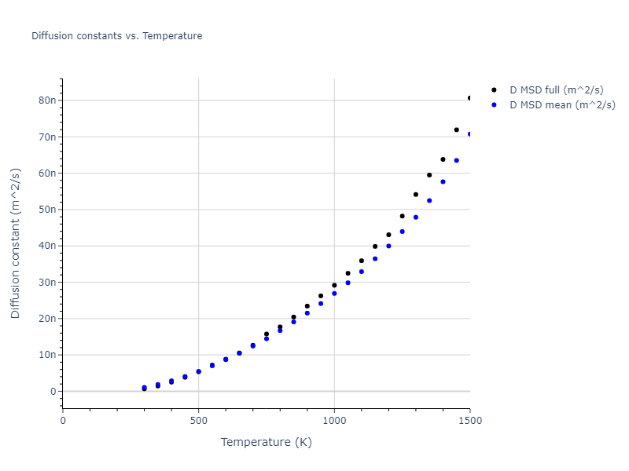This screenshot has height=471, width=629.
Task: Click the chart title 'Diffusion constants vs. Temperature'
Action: pyautogui.click(x=116, y=36)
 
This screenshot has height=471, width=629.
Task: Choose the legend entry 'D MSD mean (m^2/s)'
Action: pyautogui.click(x=562, y=104)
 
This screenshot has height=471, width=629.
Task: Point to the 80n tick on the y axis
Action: pyautogui.click(x=46, y=100)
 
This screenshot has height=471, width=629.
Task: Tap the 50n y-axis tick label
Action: pyautogui.click(x=46, y=210)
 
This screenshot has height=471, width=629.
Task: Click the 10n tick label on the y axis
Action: pyautogui.click(x=46, y=355)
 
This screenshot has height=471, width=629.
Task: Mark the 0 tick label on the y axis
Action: pyautogui.click(x=53, y=391)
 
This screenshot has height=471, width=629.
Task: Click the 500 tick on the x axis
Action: pyautogui.click(x=198, y=421)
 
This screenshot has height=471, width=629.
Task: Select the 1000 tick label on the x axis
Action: pyautogui.click(x=334, y=421)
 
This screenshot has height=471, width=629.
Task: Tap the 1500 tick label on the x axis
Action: pyautogui.click(x=469, y=421)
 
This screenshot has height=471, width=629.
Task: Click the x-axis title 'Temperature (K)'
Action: pyautogui.click(x=266, y=442)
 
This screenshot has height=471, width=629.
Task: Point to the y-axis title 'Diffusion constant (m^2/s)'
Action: pyautogui.click(x=16, y=243)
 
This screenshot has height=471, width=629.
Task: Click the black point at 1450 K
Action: pyautogui.click(x=456, y=130)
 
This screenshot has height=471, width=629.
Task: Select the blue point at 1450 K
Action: pyautogui.click(x=456, y=160)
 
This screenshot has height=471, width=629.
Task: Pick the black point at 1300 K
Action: pyautogui.click(x=416, y=195)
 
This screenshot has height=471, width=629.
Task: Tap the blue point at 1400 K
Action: pyautogui.click(x=443, y=181)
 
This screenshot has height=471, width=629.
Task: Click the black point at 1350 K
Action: pyautogui.click(x=429, y=175)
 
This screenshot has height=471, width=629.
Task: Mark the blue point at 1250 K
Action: pyautogui.click(x=402, y=232)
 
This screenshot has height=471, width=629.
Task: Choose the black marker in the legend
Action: pyautogui.click(x=494, y=90)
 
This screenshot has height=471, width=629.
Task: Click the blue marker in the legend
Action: pyautogui.click(x=494, y=104)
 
